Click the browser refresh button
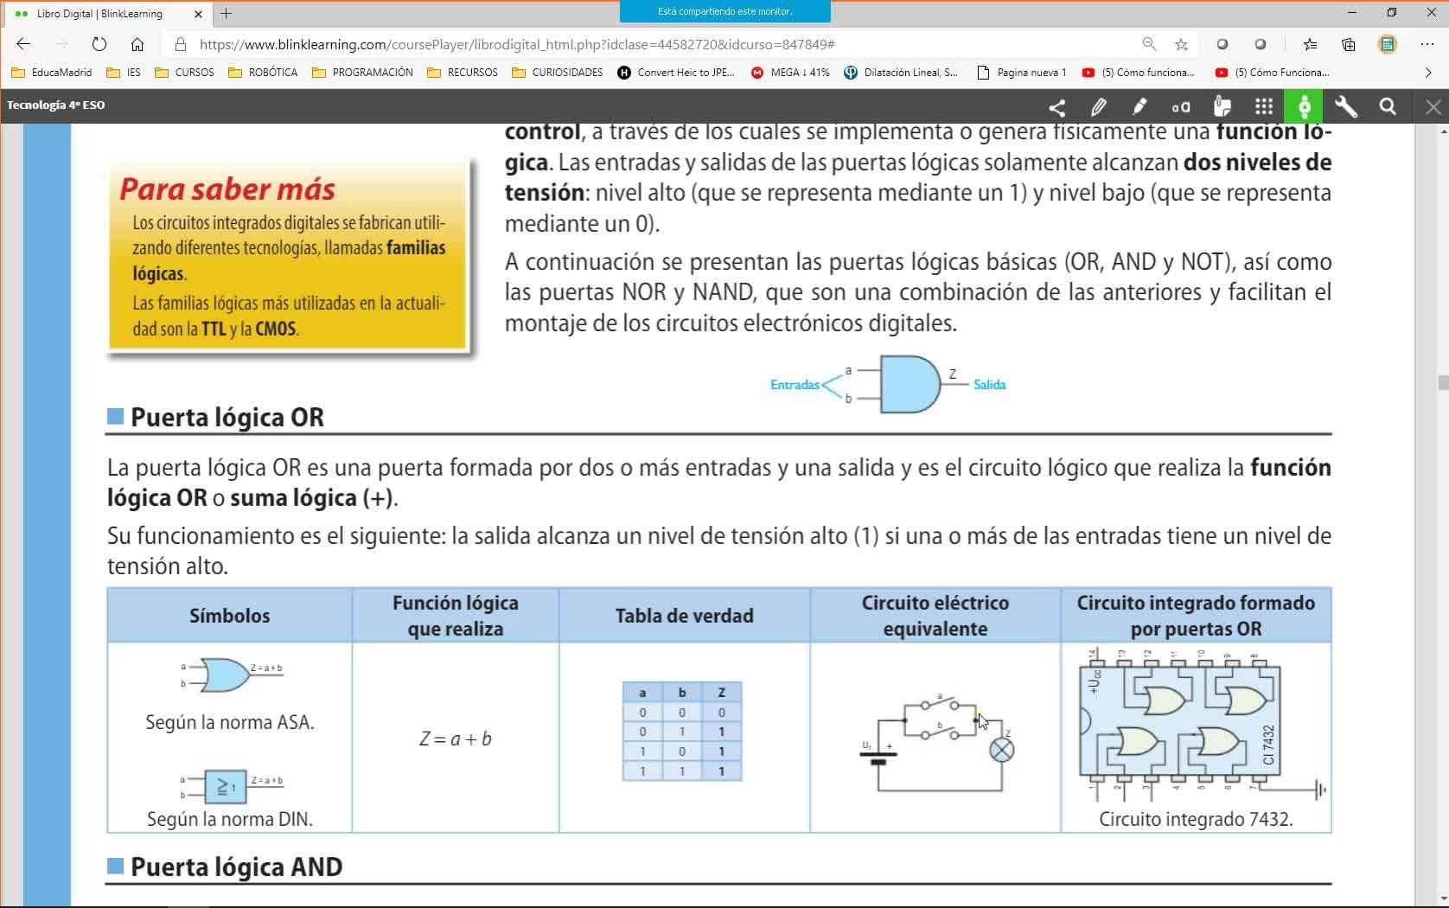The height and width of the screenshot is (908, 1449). [99, 44]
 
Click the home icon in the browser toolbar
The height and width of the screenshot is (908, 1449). [137, 44]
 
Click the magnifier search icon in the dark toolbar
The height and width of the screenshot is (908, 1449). [1388, 106]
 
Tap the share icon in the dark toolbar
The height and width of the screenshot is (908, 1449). [1056, 106]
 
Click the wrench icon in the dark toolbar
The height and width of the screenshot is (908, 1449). [1346, 106]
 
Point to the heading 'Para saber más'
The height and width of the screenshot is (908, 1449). [227, 189]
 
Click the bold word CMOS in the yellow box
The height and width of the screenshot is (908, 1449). [275, 329]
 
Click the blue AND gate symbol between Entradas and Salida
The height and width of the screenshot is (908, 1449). [909, 384]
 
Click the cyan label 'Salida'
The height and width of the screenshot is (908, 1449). [989, 385]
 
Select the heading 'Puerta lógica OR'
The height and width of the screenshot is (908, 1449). [227, 418]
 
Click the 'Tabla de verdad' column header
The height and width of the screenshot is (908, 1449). [684, 616]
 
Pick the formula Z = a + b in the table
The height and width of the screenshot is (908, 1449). [456, 739]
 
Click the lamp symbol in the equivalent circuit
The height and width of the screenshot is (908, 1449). [1001, 751]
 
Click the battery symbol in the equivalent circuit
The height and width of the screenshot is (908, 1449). [878, 758]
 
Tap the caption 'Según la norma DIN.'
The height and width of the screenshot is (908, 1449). [230, 819]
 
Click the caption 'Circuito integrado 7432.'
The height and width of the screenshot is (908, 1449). [1196, 819]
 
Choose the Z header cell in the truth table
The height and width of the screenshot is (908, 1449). [721, 693]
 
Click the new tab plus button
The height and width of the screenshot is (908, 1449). [227, 14]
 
